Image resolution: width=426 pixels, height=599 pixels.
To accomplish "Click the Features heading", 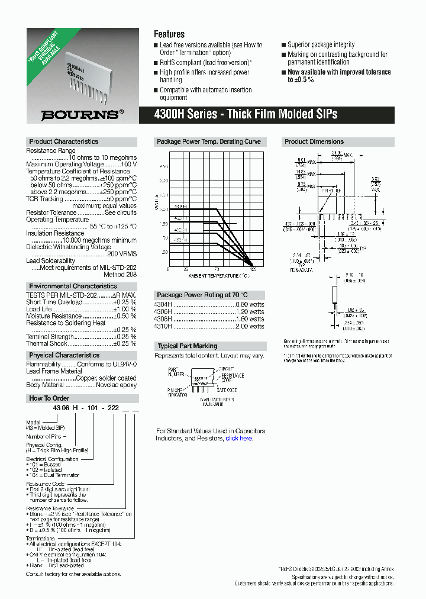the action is (x=169, y=34).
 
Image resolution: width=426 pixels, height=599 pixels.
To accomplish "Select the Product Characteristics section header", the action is (x=64, y=142).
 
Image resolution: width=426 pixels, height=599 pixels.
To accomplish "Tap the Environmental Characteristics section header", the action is (x=73, y=286).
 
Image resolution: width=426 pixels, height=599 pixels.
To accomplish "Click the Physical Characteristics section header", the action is (x=64, y=355).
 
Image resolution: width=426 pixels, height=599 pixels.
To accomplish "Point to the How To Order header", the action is (x=49, y=398).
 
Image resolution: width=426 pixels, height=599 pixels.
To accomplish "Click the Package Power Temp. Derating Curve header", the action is (x=208, y=142).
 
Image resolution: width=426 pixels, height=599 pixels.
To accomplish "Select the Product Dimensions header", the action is (x=314, y=142).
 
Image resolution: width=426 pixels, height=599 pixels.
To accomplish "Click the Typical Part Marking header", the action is (x=187, y=346).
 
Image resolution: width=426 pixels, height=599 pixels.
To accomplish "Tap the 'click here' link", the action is (x=239, y=439).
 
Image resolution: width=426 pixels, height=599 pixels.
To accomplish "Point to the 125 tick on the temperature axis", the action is (x=253, y=270).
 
